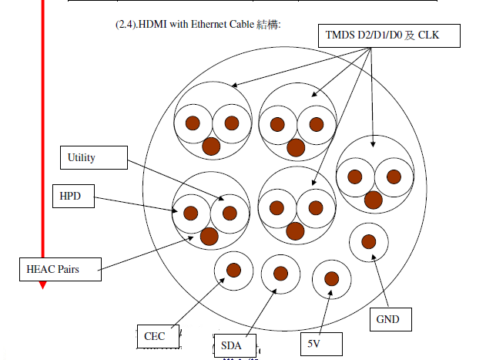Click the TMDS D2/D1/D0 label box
388,35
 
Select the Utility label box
93,158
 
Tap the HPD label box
75,197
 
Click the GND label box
390,318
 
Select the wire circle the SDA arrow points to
280,273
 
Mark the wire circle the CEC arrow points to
233,270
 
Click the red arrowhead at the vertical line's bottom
43,284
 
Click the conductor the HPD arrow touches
190,213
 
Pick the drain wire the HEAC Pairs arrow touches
209,236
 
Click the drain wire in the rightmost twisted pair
373,200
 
